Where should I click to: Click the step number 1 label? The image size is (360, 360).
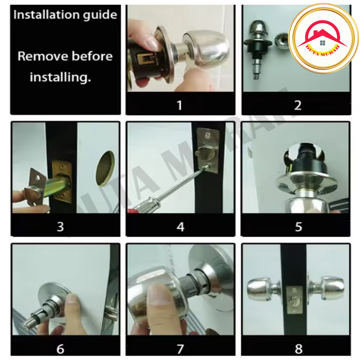(180, 105)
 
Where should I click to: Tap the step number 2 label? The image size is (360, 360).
(298, 105)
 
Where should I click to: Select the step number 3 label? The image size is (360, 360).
(60, 227)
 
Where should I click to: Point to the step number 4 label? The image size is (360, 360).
(180, 227)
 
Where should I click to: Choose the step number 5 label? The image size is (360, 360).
(298, 227)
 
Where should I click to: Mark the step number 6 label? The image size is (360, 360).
(60, 349)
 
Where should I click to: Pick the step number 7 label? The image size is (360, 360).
(180, 349)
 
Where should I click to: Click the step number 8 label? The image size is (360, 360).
(298, 349)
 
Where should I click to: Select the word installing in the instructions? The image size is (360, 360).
(60, 77)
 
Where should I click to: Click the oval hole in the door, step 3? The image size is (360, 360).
(105, 168)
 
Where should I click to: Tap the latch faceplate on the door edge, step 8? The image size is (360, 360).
(294, 300)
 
